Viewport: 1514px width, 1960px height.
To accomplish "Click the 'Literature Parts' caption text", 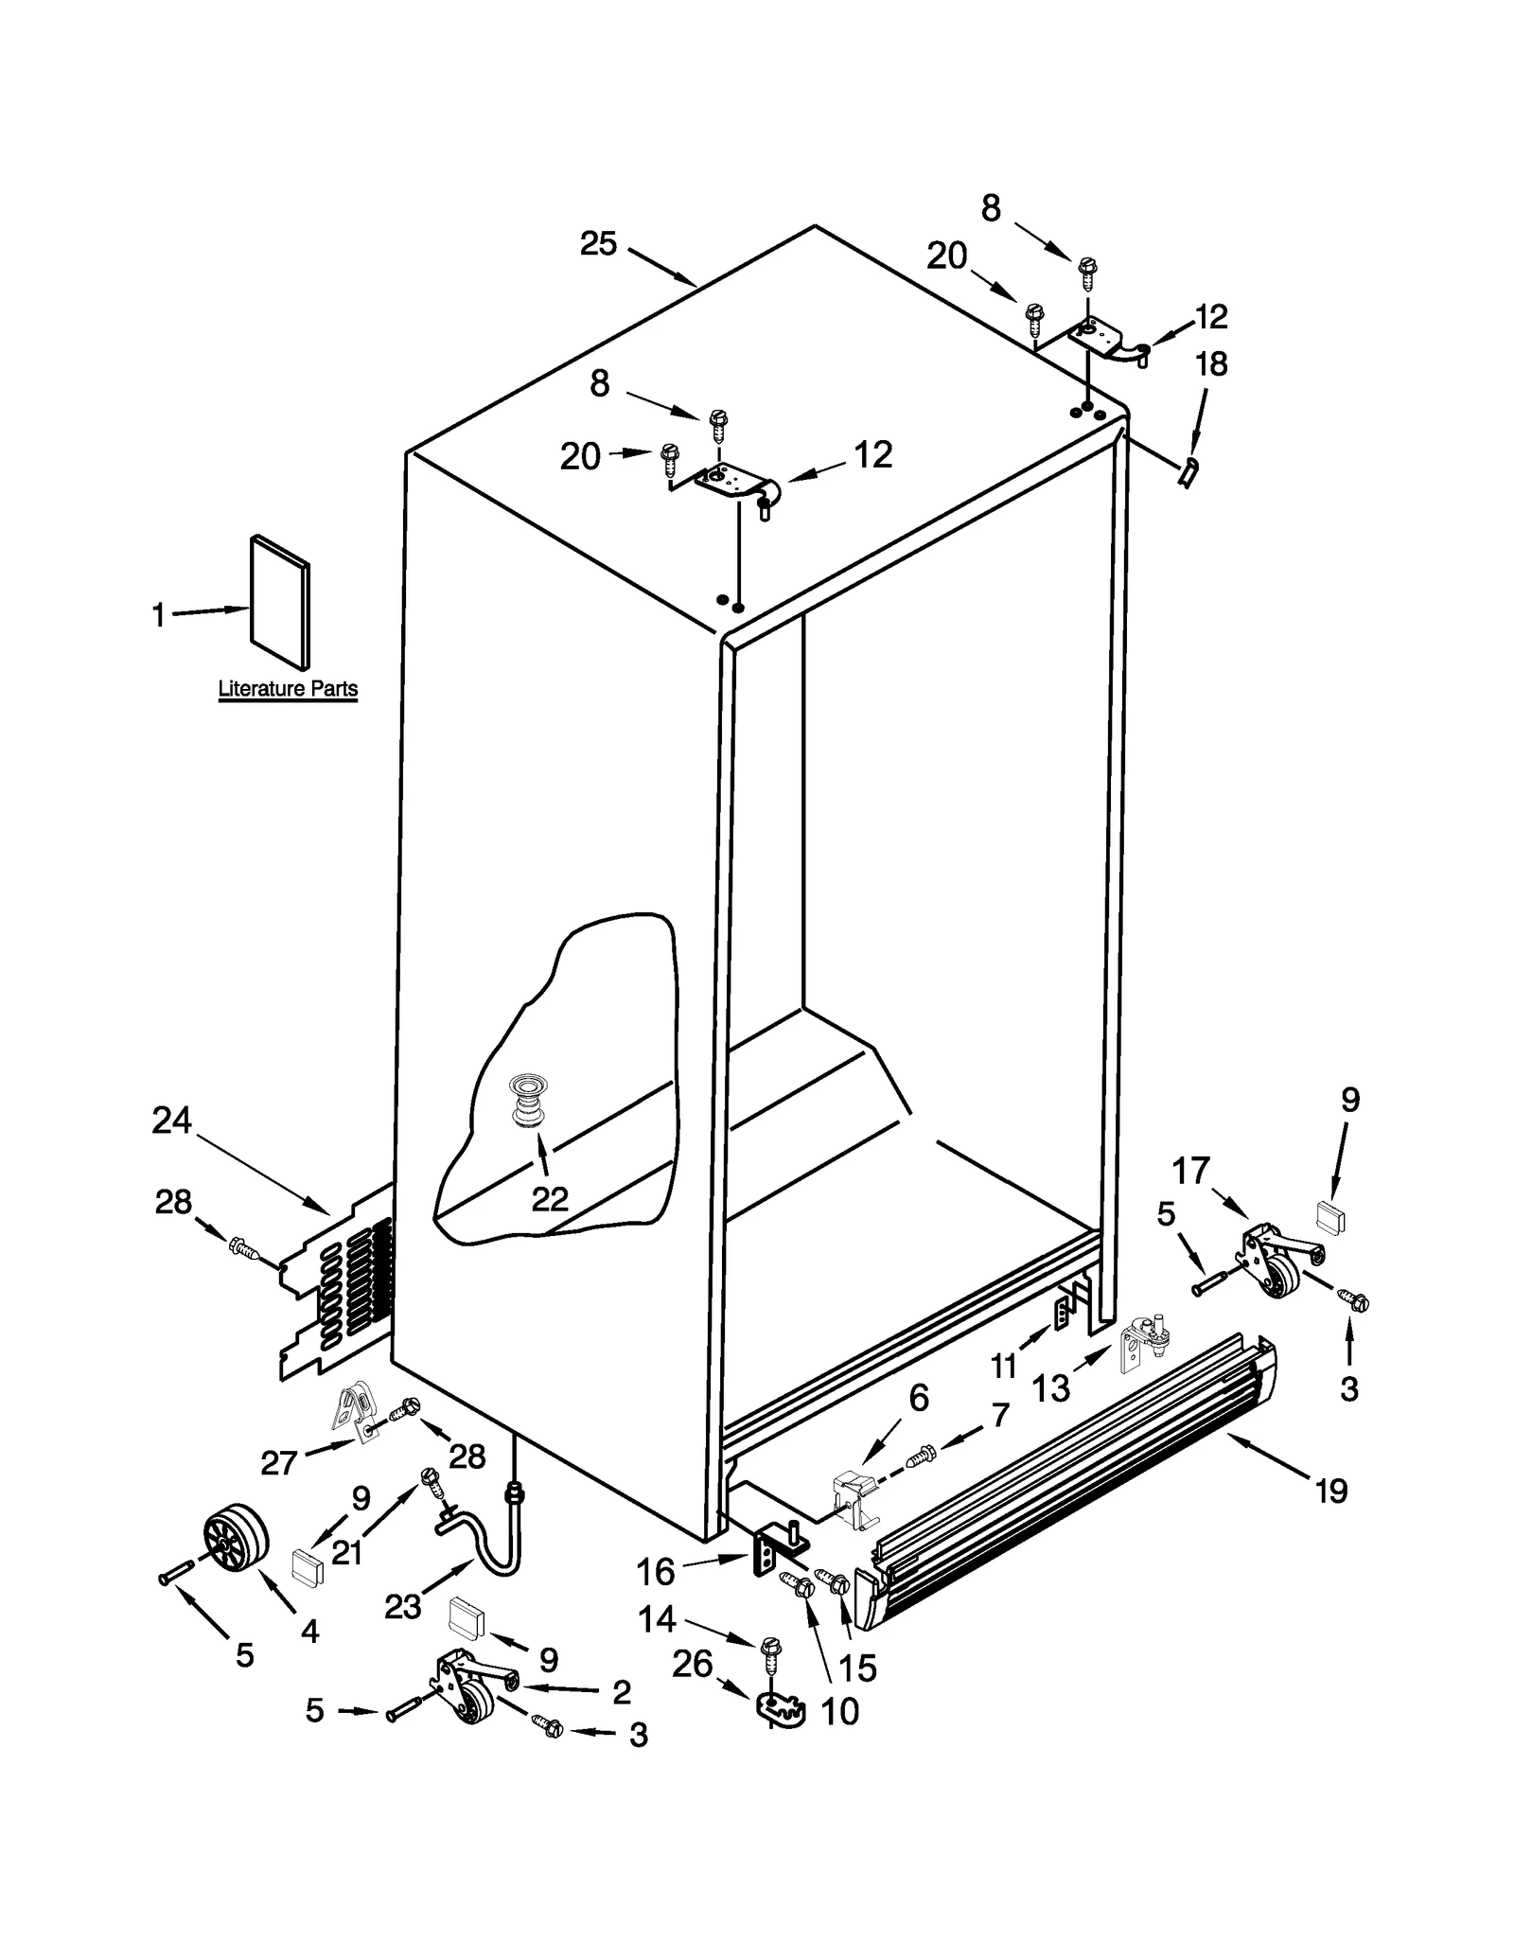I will pos(288,689).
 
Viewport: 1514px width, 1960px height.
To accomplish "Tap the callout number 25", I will pos(598,244).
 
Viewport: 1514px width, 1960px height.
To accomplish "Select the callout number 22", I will pos(549,1199).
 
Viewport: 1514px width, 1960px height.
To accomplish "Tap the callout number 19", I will pos(1330,1492).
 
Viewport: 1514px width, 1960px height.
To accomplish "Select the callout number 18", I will pos(1211,363).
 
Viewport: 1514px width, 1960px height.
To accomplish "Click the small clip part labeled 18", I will pos(1188,469).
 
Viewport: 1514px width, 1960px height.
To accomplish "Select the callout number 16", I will pos(655,1572).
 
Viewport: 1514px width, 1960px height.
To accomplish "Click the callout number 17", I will pos(1191,1171).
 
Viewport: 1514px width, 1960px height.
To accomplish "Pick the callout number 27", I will pos(280,1463).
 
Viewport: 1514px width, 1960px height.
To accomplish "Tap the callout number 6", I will pos(918,1398).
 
